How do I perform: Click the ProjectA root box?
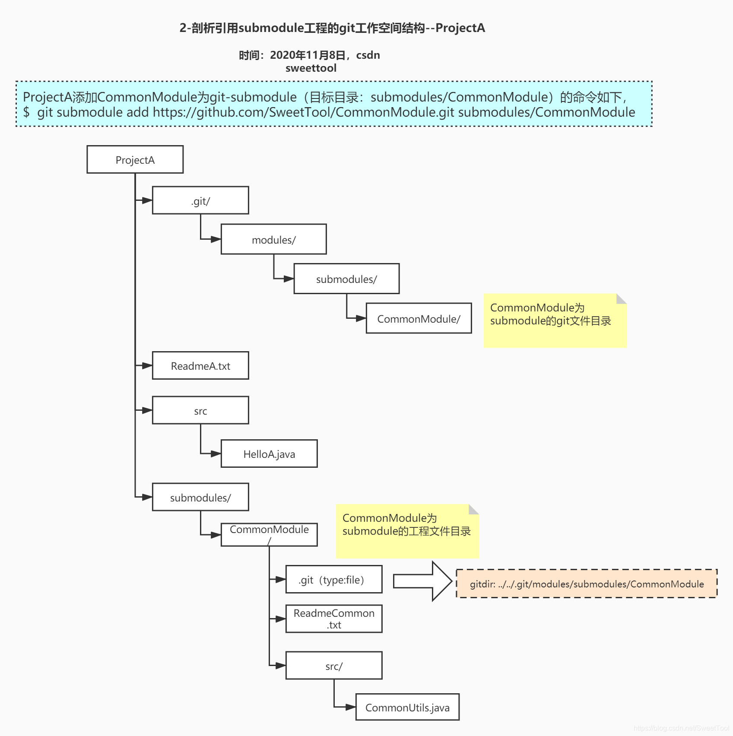[135, 159]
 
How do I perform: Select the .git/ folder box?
[200, 200]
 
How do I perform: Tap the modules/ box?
[273, 239]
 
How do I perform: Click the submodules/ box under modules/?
[346, 279]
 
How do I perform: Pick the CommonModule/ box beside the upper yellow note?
[419, 318]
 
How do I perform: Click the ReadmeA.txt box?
[200, 365]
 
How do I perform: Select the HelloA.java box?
[269, 454]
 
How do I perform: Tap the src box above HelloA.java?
[200, 410]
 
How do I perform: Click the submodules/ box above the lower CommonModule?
[200, 497]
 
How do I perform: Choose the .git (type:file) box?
[334, 579]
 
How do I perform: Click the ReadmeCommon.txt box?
[334, 619]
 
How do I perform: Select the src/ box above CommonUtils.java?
[334, 666]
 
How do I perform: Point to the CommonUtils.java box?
[407, 707]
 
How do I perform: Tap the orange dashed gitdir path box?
[587, 584]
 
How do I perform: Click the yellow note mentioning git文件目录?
[555, 321]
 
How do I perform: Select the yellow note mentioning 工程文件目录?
[407, 531]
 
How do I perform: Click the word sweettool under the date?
[311, 68]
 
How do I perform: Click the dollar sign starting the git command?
[26, 112]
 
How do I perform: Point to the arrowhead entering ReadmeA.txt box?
[147, 365]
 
